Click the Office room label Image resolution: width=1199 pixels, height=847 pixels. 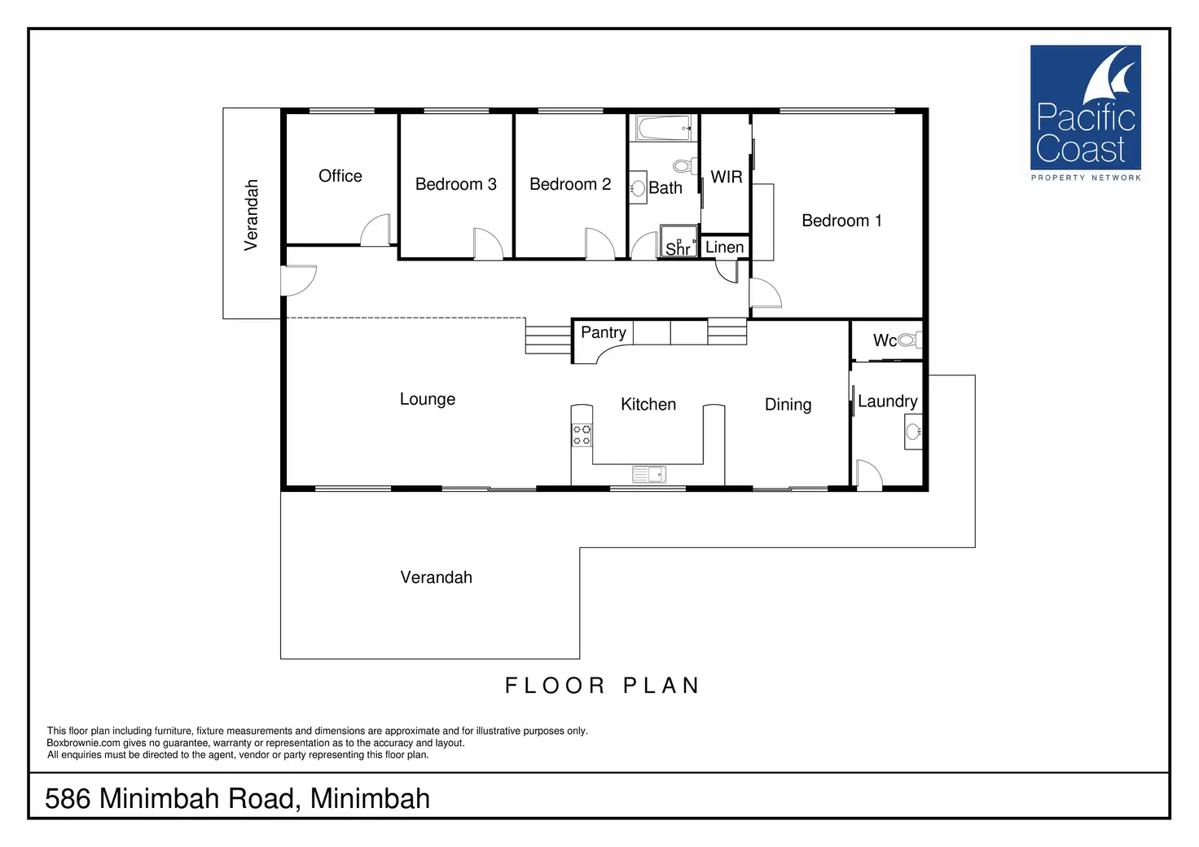coord(340,176)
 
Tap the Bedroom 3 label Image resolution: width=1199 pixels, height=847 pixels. coord(455,184)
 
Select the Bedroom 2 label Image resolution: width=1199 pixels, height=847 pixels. coord(570,184)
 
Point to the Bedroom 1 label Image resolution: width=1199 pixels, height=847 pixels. coord(841,221)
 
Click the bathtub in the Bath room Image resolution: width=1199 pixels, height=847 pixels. coord(664,128)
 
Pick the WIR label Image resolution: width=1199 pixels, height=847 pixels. coord(727,177)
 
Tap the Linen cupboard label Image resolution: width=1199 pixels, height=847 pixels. coord(725,248)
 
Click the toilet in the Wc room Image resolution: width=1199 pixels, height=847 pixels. coord(909,340)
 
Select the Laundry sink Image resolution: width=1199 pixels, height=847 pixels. coord(913,432)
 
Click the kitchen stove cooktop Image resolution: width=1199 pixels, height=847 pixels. coord(582,435)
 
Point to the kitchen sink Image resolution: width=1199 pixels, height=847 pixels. coord(648,474)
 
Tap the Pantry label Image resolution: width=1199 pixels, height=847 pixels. coord(604,332)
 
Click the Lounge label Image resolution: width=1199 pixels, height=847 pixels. coord(427,399)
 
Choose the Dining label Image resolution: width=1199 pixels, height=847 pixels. coord(788,405)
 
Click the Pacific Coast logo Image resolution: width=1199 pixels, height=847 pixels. coord(1086,113)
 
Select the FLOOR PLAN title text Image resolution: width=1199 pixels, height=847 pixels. coord(603,686)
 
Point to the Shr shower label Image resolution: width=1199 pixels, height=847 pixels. coord(678,248)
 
